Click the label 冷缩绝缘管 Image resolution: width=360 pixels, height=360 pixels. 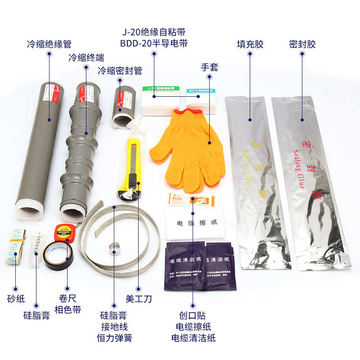pos(49,44)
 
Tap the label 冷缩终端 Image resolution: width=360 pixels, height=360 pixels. pos(86,58)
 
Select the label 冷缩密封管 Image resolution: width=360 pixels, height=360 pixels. pos(120,71)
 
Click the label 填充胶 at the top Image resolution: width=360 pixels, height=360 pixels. pos(250,44)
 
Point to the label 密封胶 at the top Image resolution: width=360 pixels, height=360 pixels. pos(302,44)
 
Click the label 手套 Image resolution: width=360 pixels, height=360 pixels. pos(209,67)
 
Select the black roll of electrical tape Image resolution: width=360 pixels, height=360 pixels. pos(57,254)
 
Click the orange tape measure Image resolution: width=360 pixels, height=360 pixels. pos(63,232)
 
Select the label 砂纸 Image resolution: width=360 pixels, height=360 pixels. pos(16,299)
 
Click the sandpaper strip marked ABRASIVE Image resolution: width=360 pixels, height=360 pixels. pos(18,247)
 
